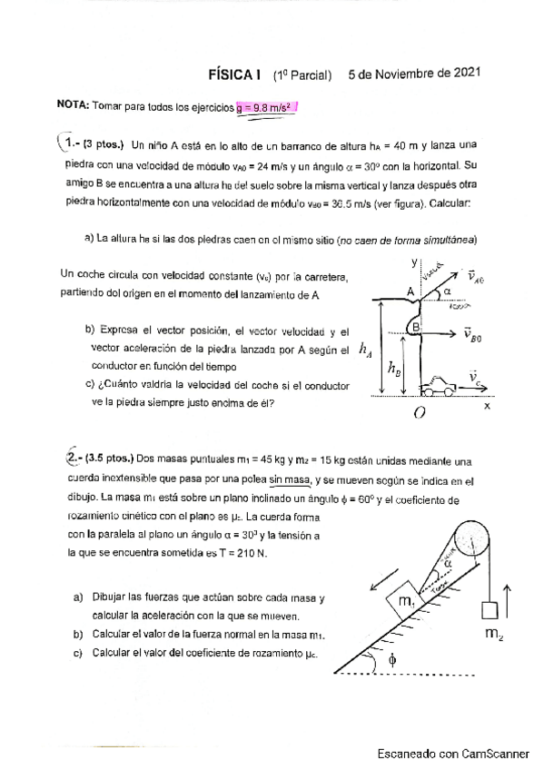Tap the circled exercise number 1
tap(69, 143)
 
